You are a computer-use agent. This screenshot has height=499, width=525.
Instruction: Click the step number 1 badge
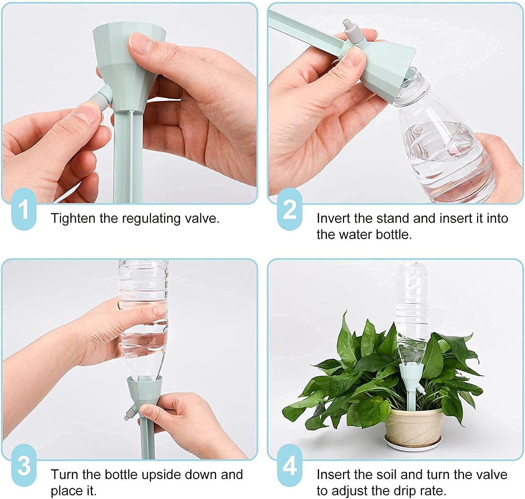[x=23, y=209]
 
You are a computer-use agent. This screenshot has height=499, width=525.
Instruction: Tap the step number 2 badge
[x=289, y=209]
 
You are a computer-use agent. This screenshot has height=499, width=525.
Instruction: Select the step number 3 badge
[x=23, y=466]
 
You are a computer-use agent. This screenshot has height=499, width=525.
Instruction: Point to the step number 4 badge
[x=289, y=466]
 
